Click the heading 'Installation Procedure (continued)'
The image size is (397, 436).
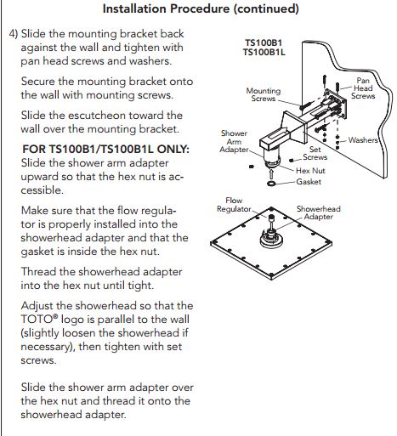[200, 9]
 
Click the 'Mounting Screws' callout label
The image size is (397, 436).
[263, 94]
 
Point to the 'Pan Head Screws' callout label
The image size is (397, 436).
[363, 88]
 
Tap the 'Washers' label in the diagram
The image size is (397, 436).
[363, 140]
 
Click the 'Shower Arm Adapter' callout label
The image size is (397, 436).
[234, 143]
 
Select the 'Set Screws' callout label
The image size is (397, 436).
[315, 152]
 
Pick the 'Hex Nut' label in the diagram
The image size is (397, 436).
[311, 170]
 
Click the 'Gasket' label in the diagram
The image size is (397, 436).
[309, 182]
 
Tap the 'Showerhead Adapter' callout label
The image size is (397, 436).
[320, 212]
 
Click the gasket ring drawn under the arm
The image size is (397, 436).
[270, 182]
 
